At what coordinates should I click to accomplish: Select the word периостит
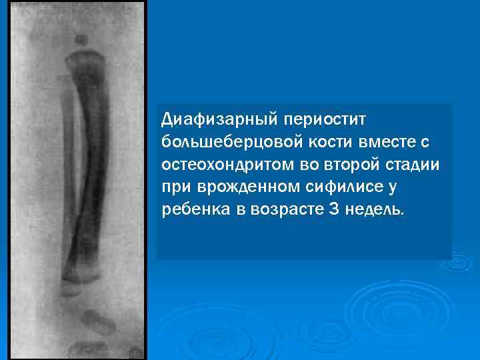click(x=327, y=119)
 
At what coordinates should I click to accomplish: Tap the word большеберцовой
click(x=233, y=142)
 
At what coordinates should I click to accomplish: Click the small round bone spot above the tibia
click(x=81, y=39)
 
